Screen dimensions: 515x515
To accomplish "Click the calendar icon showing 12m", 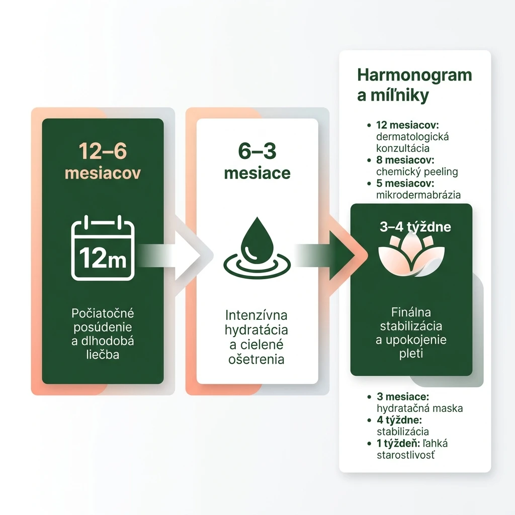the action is [x=103, y=248].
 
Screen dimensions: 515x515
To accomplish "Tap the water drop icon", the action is [x=257, y=247].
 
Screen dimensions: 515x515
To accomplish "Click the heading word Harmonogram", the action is [x=414, y=75].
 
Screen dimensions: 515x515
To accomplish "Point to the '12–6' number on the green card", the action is [x=103, y=151].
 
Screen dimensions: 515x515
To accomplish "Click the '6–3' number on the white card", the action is [x=257, y=151].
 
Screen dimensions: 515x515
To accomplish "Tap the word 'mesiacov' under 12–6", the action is [x=103, y=173].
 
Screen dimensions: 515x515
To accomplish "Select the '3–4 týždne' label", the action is [x=415, y=227].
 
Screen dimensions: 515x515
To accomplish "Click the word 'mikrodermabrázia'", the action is [x=418, y=195].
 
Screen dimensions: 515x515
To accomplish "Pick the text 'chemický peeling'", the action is [x=417, y=171].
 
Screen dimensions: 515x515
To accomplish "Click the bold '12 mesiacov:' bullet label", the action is [x=407, y=125].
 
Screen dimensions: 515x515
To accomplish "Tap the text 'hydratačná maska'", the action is [x=420, y=408].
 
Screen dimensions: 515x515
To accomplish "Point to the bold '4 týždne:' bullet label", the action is [x=399, y=420].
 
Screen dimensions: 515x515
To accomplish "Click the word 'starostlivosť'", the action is [x=406, y=455].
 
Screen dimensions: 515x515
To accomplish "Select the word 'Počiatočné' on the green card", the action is [x=103, y=313].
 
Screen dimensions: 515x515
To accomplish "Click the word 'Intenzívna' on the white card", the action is [x=256, y=315].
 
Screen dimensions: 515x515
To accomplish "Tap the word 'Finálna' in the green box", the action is [x=411, y=312].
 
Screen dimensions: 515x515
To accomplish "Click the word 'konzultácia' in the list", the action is [x=403, y=148].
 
